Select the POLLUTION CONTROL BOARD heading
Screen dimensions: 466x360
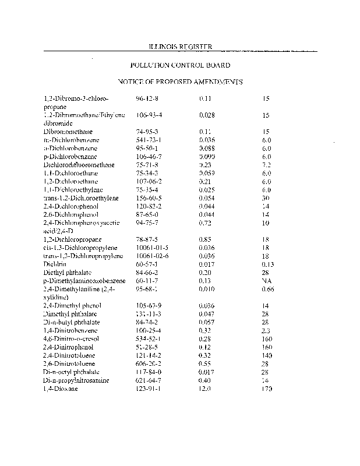coord(179,65)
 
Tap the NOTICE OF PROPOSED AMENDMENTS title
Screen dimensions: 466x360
coord(179,83)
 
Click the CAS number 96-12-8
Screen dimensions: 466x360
coord(147,99)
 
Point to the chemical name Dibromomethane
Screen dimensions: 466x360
coord(68,132)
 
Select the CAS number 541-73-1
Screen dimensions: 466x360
coord(149,140)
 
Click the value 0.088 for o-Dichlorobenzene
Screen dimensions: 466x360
coord(207,149)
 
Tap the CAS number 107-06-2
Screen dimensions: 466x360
coord(149,181)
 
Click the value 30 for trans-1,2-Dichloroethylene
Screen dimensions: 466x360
coord(266,198)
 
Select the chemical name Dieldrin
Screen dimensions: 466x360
coord(55,264)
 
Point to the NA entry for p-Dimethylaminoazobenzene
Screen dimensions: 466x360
coord(267,280)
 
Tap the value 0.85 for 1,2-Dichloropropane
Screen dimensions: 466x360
coord(205,239)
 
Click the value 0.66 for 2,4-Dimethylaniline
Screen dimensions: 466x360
coord(268,288)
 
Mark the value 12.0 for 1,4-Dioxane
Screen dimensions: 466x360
coord(205,388)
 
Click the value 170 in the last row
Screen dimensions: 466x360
coord(267,388)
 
